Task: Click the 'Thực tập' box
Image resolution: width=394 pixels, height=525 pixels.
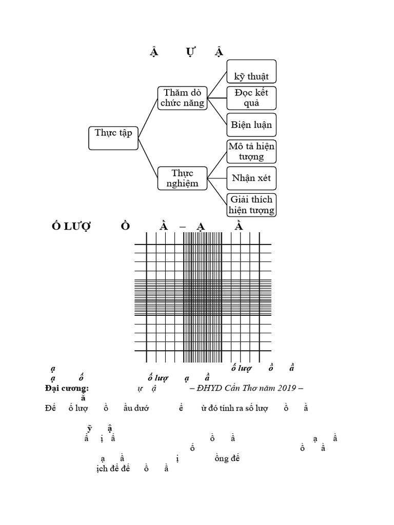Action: click(113, 137)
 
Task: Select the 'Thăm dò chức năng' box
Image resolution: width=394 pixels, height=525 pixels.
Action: click(182, 98)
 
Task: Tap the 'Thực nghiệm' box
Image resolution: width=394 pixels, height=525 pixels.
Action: click(182, 178)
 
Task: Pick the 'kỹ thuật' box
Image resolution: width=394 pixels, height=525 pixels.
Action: click(251, 71)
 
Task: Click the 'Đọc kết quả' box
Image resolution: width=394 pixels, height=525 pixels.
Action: click(251, 98)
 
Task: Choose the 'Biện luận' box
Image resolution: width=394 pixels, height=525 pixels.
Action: click(251, 125)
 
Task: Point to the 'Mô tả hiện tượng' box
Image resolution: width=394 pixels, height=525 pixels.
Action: click(251, 151)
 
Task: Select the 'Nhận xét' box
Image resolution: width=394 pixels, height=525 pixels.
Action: click(251, 178)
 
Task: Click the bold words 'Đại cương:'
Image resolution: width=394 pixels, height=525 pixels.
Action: click(67, 388)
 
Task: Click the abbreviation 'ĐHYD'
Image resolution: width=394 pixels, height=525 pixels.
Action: click(203, 388)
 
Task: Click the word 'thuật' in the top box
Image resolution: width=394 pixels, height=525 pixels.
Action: click(258, 77)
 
